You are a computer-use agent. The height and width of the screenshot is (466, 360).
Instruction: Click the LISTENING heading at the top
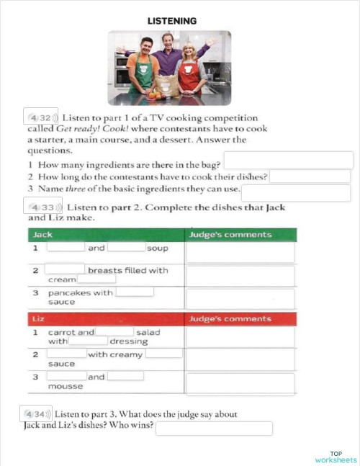point(171,22)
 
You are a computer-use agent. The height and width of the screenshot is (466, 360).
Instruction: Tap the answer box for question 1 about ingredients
point(288,160)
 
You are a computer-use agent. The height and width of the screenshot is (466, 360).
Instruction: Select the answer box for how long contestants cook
point(310,176)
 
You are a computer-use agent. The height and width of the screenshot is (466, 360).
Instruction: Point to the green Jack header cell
point(105,235)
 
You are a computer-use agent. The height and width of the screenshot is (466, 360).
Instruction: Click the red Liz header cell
point(105,318)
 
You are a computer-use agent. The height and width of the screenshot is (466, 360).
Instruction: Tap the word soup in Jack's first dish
point(157,248)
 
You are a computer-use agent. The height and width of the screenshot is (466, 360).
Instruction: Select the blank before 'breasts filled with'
point(66,270)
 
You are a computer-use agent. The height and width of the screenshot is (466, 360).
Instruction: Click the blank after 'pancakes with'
point(135,292)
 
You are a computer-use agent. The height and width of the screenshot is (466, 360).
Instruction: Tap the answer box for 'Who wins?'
point(214,429)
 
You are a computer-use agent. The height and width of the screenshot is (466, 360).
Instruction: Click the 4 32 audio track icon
point(41,117)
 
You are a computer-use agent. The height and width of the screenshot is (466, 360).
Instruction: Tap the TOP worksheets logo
point(336,457)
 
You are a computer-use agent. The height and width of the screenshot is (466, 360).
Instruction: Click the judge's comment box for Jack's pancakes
point(240,297)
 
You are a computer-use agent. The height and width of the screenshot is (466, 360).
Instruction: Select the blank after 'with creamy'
point(165,354)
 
